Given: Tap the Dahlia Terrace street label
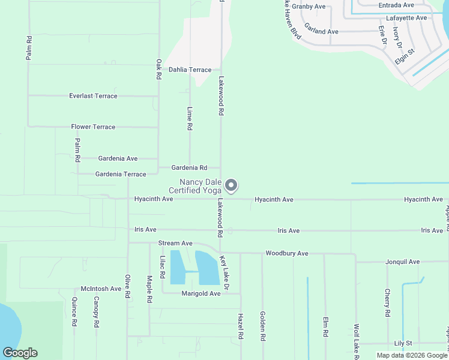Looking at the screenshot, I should tap(190, 70).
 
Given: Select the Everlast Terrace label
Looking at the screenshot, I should tap(93, 96).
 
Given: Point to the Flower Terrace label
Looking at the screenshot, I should tap(93, 127).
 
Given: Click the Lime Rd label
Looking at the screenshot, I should tap(190, 119).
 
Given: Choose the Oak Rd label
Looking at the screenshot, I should tap(158, 69).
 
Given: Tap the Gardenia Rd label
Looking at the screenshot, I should tap(189, 168).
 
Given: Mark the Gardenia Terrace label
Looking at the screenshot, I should tap(121, 174).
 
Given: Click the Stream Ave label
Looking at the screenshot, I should tap(175, 244).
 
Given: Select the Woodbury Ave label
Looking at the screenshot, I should tap(287, 254).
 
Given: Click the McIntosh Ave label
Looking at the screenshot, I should tap(101, 289).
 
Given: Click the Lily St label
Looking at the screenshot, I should tap(402, 343).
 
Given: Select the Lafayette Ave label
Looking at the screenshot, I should tap(406, 18).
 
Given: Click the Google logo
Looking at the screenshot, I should tap(20, 353).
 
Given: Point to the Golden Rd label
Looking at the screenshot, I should tap(262, 326).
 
